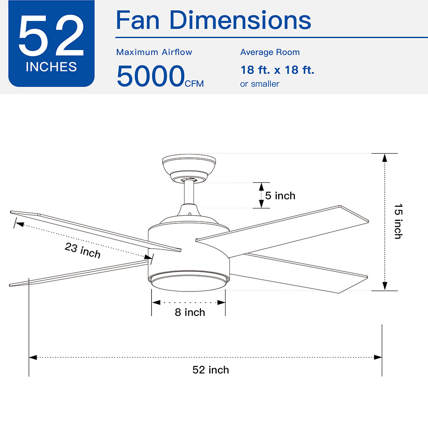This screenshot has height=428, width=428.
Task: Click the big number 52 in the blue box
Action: coord(51,36)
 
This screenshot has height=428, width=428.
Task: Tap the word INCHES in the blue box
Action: coord(51,67)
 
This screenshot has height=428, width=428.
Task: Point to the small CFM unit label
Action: coord(194,83)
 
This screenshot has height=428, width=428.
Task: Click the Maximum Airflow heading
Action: coord(154,52)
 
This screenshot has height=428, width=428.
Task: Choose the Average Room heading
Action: coord(270,52)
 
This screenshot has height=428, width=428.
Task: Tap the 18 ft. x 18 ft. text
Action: coord(277,70)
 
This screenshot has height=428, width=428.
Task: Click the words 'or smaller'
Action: coord(260,84)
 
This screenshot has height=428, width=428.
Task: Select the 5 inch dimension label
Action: coord(280,196)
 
